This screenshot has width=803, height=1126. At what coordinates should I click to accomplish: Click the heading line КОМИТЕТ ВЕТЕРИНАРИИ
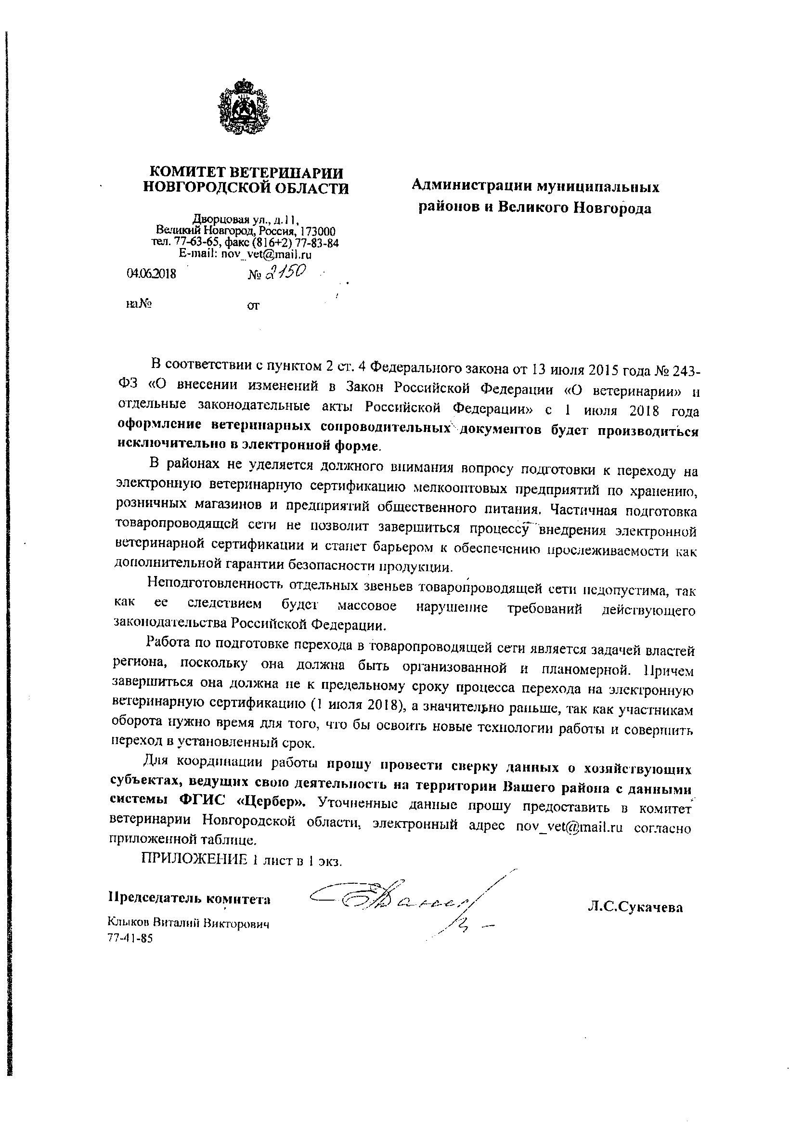(x=246, y=172)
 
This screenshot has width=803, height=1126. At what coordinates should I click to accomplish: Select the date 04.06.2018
(x=151, y=274)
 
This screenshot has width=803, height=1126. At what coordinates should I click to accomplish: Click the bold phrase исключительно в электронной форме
(x=248, y=445)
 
